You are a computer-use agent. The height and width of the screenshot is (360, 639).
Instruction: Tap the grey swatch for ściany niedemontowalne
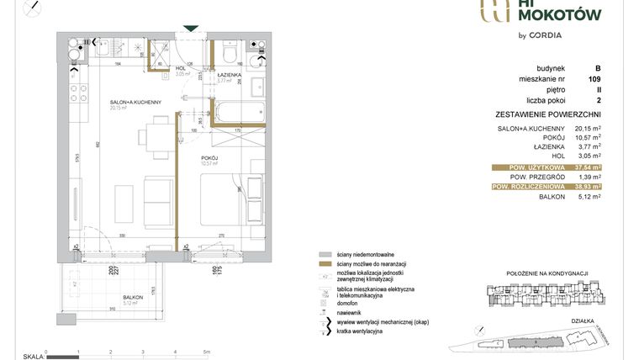pyautogui.click(x=325, y=254)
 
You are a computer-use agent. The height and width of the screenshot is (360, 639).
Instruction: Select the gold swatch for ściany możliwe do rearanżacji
pyautogui.click(x=325, y=264)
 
